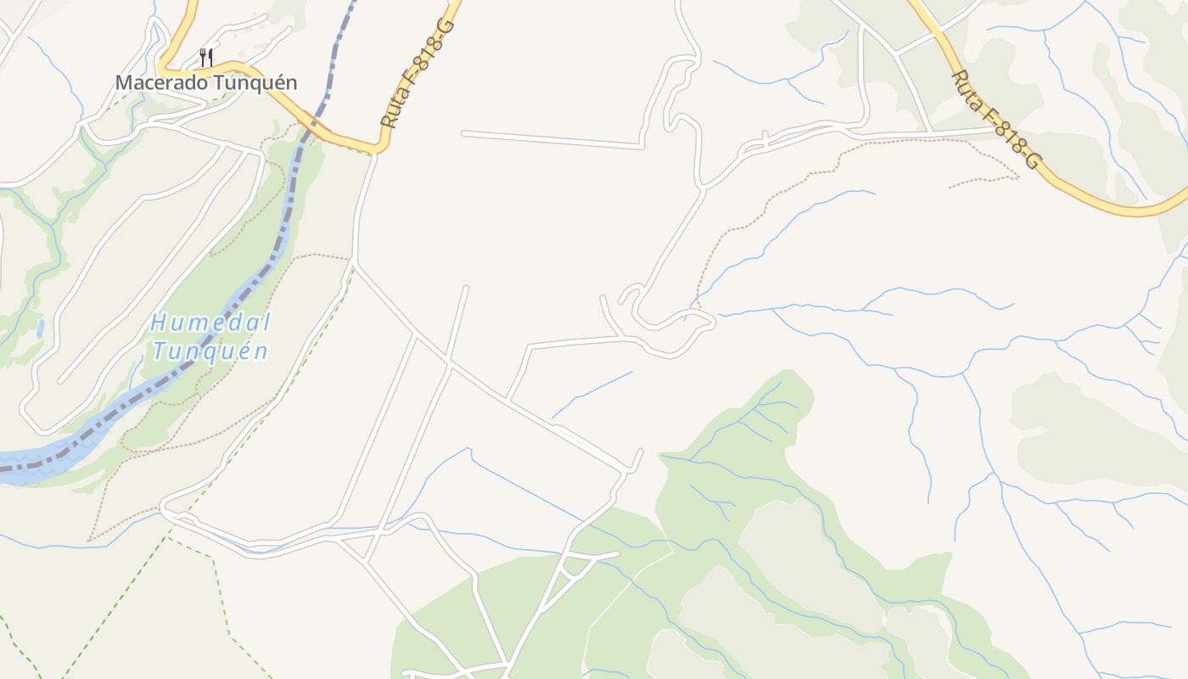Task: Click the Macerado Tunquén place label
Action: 206,82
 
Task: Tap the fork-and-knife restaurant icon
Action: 205,58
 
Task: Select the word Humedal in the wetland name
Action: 210,323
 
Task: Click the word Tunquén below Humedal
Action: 210,351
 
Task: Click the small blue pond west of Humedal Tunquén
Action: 40,328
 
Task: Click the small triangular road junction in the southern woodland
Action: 577,564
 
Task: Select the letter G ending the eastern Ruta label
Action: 1030,160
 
